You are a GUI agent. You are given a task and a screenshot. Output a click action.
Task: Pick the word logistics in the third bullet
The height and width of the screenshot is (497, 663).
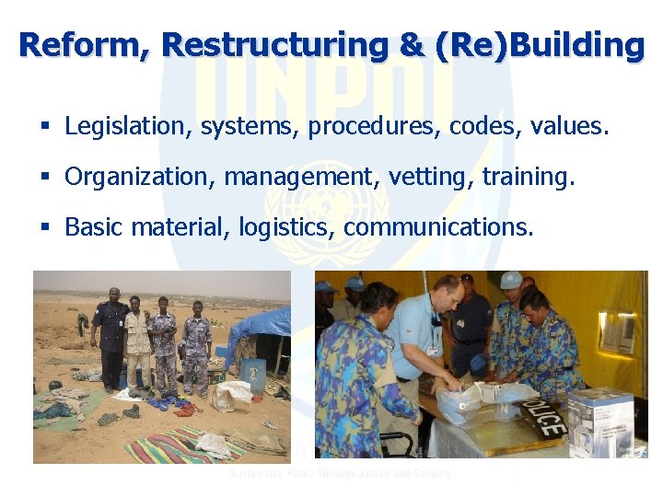(x=286, y=226)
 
